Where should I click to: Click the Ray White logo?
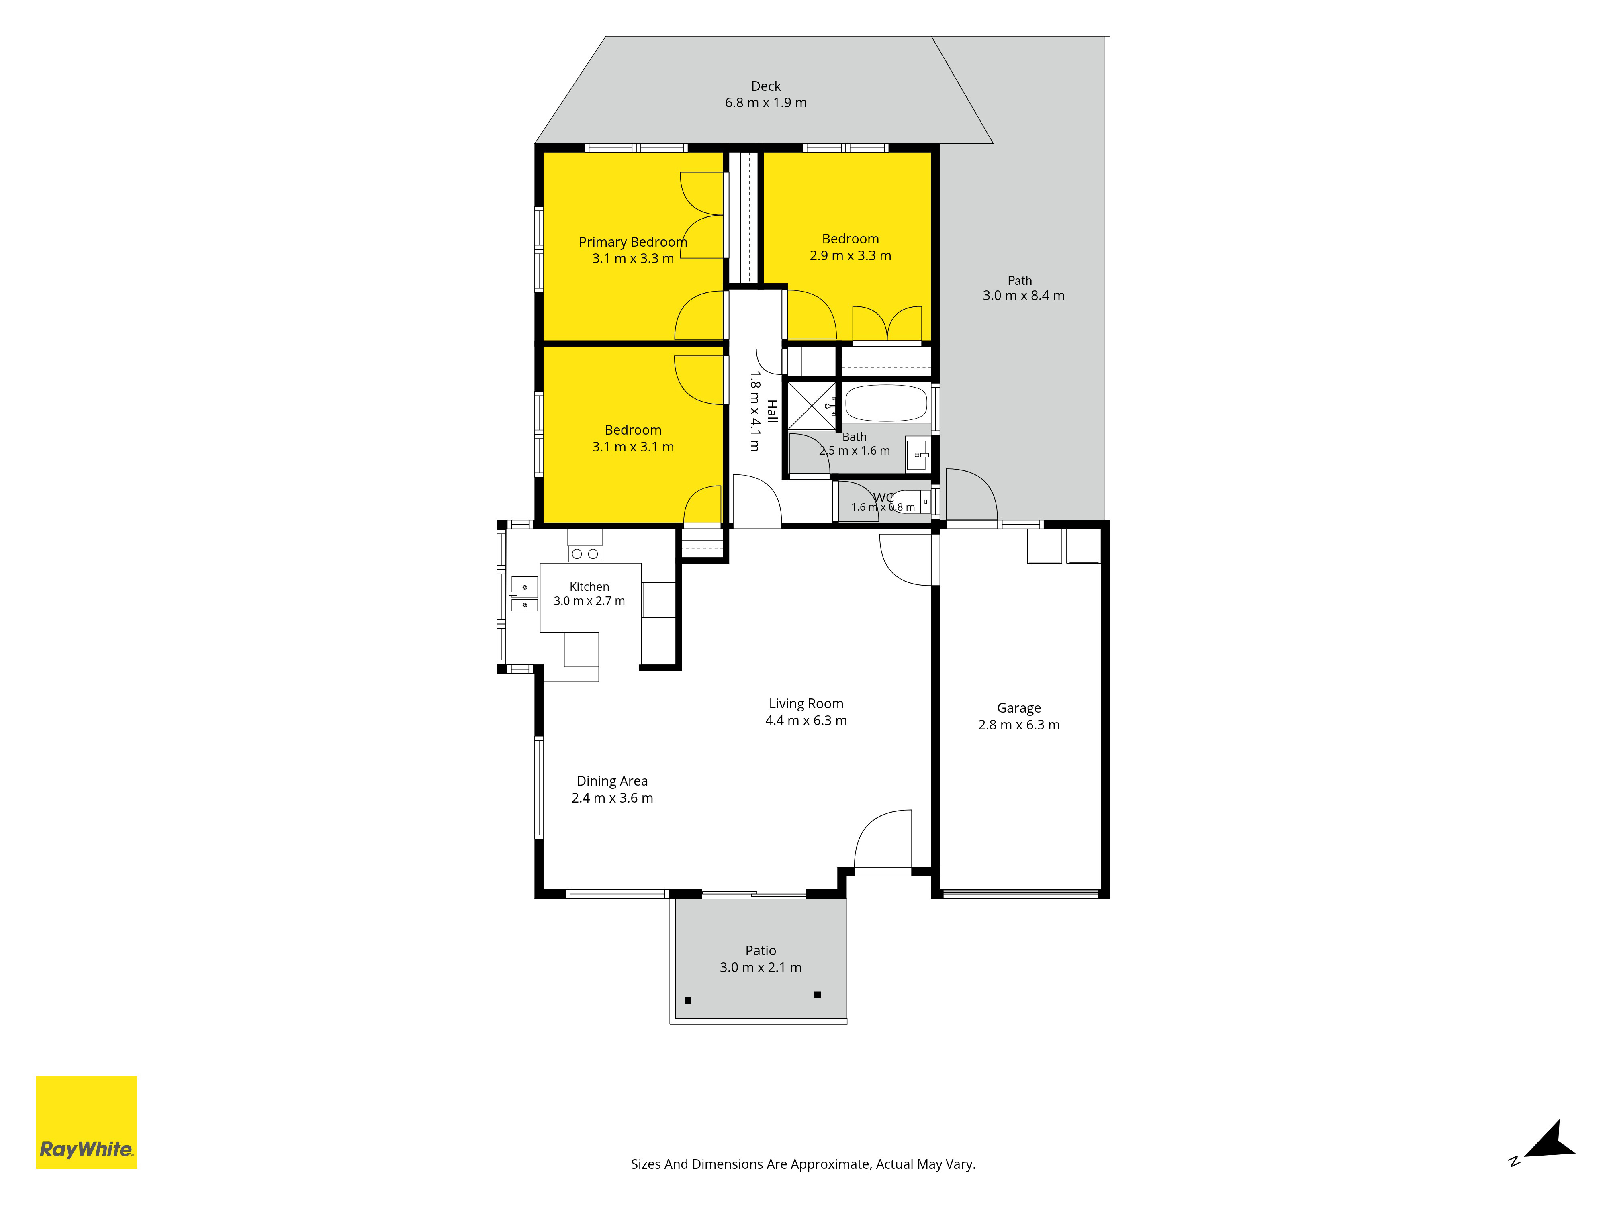(86, 1122)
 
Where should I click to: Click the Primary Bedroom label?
(633, 242)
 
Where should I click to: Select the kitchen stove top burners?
(585, 554)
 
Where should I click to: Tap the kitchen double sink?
(525, 593)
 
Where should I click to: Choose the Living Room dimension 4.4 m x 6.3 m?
(806, 721)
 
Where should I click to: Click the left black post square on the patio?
(688, 1000)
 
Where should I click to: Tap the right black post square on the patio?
(817, 995)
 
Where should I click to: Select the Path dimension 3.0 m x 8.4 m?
(1024, 296)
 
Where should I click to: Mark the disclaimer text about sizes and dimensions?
(803, 1164)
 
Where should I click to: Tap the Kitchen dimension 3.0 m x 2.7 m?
(589, 600)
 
